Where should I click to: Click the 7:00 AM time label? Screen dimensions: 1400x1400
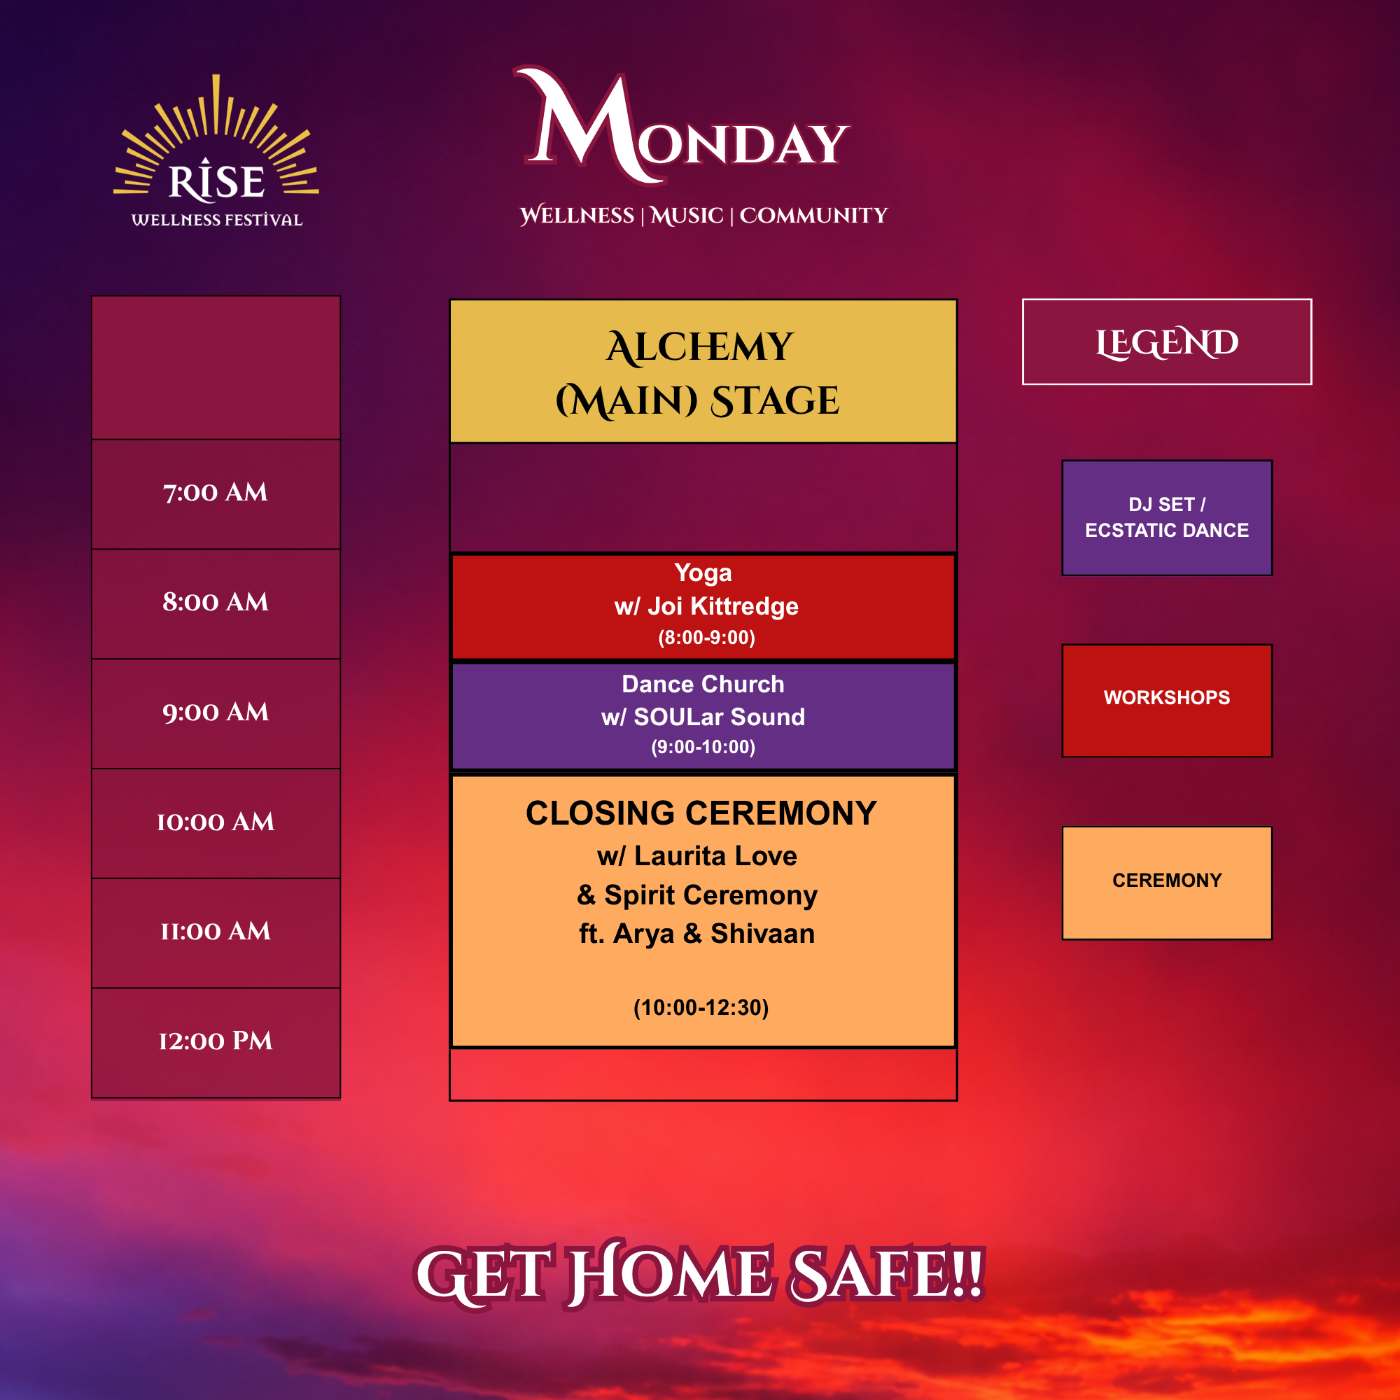click(x=215, y=493)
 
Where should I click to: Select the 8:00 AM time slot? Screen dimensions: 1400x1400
click(x=215, y=602)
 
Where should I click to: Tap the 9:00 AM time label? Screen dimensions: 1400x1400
click(x=215, y=713)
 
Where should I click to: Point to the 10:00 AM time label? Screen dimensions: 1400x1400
click(x=215, y=822)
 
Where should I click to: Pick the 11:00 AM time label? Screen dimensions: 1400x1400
click(x=215, y=931)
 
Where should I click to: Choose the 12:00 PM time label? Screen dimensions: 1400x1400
click(x=215, y=1042)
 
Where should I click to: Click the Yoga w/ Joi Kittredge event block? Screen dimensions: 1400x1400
click(x=703, y=606)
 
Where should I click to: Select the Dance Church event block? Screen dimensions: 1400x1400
click(x=703, y=716)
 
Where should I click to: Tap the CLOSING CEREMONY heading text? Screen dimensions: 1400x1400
click(x=701, y=813)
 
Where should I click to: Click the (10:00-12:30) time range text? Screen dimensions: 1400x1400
click(x=701, y=1007)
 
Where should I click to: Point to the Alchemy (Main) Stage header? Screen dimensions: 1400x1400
click(x=703, y=371)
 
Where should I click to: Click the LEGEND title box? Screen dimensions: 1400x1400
click(x=1167, y=342)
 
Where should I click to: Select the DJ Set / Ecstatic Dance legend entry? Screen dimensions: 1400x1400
click(x=1167, y=517)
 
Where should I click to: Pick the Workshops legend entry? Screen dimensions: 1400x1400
click(x=1167, y=700)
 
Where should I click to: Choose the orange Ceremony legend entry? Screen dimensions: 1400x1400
click(x=1167, y=883)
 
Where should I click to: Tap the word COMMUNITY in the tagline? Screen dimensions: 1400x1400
click(x=813, y=215)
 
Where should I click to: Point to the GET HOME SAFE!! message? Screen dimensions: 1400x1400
click(x=699, y=1274)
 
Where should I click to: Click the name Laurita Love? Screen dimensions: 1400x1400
click(x=715, y=856)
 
